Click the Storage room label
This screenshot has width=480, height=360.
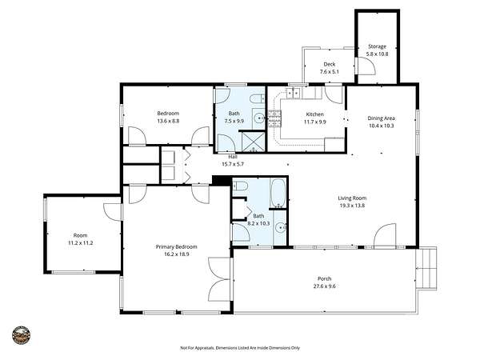pos(377,46)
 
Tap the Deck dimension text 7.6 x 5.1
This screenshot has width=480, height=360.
pos(329,72)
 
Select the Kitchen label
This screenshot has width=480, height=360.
pos(314,114)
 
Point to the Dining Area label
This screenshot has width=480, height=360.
pos(381,118)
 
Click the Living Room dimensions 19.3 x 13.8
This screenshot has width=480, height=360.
pos(352,206)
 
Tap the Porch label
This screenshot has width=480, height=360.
pos(324,278)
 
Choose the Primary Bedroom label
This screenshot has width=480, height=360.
pos(176,246)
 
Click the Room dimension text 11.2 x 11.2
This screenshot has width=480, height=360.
pos(80,243)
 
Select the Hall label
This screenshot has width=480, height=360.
pos(233,157)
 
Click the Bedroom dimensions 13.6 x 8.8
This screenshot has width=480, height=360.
pos(168,121)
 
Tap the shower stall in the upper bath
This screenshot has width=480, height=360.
pos(254,142)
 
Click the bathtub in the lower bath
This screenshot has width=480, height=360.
pos(278,193)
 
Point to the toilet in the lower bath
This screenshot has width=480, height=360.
pos(240,186)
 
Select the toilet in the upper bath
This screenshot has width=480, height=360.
pos(257,99)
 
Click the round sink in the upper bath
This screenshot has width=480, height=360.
pos(259,118)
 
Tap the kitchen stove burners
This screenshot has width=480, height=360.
pos(274,118)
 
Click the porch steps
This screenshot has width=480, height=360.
pos(426,268)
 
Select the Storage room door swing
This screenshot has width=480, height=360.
pos(366,66)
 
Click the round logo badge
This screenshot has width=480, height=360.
pos(21,335)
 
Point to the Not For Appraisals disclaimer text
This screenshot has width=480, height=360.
pos(240,348)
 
